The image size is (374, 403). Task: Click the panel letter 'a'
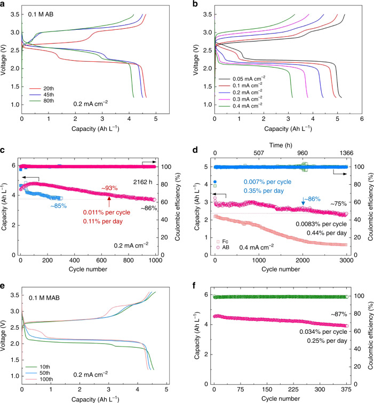point(4,4)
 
